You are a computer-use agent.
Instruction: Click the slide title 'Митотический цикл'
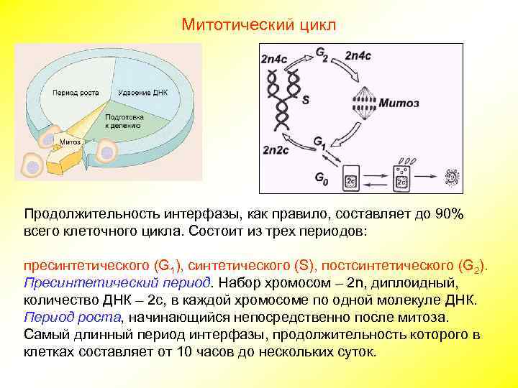258,25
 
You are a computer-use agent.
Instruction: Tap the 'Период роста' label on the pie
76,93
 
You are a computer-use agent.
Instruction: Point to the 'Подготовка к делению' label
124,120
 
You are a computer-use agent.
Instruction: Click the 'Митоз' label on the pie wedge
70,142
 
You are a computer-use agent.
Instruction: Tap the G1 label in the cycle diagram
321,146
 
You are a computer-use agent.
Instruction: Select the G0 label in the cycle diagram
321,176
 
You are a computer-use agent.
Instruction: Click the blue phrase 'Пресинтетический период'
117,282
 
